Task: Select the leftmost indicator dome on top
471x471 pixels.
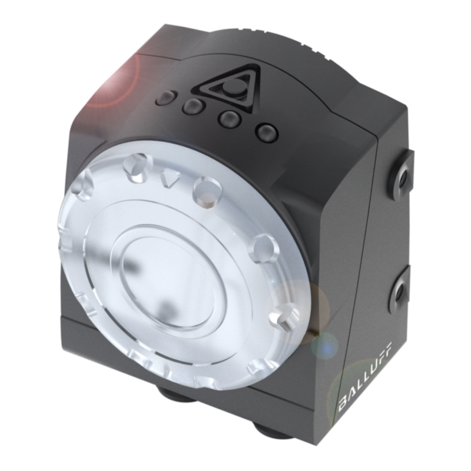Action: pos(166,97)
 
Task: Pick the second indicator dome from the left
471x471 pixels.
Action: pos(194,106)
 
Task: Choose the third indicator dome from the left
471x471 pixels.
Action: pos(230,119)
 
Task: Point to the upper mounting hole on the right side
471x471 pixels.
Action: pos(403,175)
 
